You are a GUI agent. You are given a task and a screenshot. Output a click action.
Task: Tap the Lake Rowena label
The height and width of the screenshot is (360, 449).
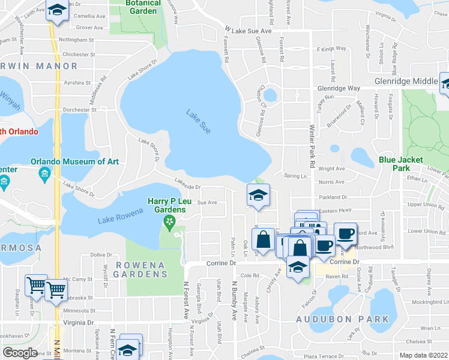(x=121, y=217)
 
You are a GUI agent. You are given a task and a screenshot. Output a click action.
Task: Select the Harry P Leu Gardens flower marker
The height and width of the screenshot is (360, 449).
(x=169, y=223)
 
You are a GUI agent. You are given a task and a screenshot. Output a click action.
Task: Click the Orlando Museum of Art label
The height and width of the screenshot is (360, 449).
(x=74, y=161)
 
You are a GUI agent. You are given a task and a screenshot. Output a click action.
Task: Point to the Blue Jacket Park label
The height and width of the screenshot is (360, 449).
(x=401, y=164)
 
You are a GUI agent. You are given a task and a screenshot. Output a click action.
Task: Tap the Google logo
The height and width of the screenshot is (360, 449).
(x=20, y=352)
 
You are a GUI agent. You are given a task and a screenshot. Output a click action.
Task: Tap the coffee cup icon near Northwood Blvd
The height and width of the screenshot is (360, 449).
(x=345, y=233)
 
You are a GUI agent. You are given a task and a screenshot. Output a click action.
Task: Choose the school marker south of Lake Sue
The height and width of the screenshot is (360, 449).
(x=258, y=196)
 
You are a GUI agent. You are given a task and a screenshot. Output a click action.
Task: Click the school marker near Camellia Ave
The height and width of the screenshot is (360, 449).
(x=57, y=10)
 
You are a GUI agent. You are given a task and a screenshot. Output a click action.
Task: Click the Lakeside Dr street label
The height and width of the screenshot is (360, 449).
(x=187, y=186)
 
